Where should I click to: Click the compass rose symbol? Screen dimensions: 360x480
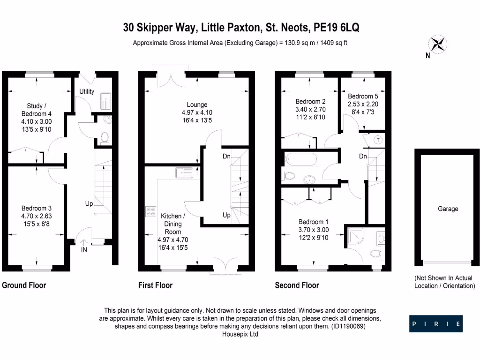pyautogui.click(x=439, y=44)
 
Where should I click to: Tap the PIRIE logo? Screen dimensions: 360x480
pyautogui.click(x=435, y=324)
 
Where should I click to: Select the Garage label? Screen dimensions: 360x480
pyautogui.click(x=448, y=209)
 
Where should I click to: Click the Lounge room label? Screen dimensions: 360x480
pyautogui.click(x=196, y=105)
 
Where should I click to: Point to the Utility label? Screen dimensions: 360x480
pyautogui.click(x=87, y=91)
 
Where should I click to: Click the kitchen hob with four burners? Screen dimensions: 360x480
pyautogui.click(x=151, y=212)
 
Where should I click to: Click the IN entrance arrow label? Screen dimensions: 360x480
pyautogui.click(x=84, y=250)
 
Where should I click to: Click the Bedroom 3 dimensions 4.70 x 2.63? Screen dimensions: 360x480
pyautogui.click(x=36, y=216)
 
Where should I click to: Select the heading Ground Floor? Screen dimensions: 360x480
pyautogui.click(x=24, y=285)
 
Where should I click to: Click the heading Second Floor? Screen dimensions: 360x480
pyautogui.click(x=297, y=285)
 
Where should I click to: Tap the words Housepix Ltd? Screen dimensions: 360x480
pyautogui.click(x=240, y=334)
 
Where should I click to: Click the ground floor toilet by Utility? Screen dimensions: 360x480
pyautogui.click(x=105, y=137)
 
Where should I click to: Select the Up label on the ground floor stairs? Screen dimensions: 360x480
pyautogui.click(x=89, y=204)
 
